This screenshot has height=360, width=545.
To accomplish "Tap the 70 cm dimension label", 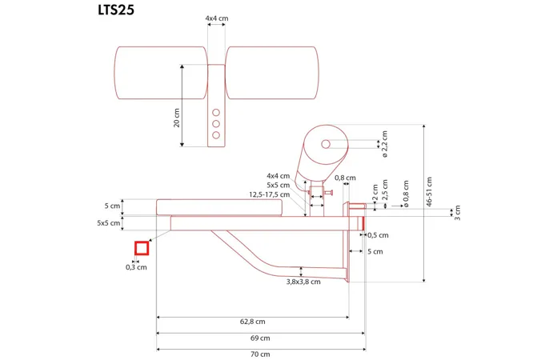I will coord(261,354).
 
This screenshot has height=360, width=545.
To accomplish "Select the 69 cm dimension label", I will coord(261,338).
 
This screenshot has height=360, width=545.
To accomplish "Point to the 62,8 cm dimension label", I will coord(252,322).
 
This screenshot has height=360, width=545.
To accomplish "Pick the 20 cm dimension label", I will coord(176,118).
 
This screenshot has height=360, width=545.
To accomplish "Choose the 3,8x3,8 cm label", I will coord(303,282).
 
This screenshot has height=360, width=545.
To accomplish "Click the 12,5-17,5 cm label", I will coord(269,194).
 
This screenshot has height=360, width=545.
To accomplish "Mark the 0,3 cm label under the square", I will coord(137,267).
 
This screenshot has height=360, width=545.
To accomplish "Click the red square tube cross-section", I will coord(141,248).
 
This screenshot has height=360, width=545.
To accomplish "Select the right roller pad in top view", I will coord(271,73).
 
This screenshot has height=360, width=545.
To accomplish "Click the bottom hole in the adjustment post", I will coord(214,135).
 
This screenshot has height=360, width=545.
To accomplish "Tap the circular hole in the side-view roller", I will coord(326,144).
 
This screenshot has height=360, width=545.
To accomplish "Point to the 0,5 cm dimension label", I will coord(377,235).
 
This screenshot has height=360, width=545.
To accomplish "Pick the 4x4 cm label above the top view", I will coord(215,17).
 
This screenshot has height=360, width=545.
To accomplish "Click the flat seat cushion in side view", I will coord(219,208).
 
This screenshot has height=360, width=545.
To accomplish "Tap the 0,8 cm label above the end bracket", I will coord(345,178).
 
